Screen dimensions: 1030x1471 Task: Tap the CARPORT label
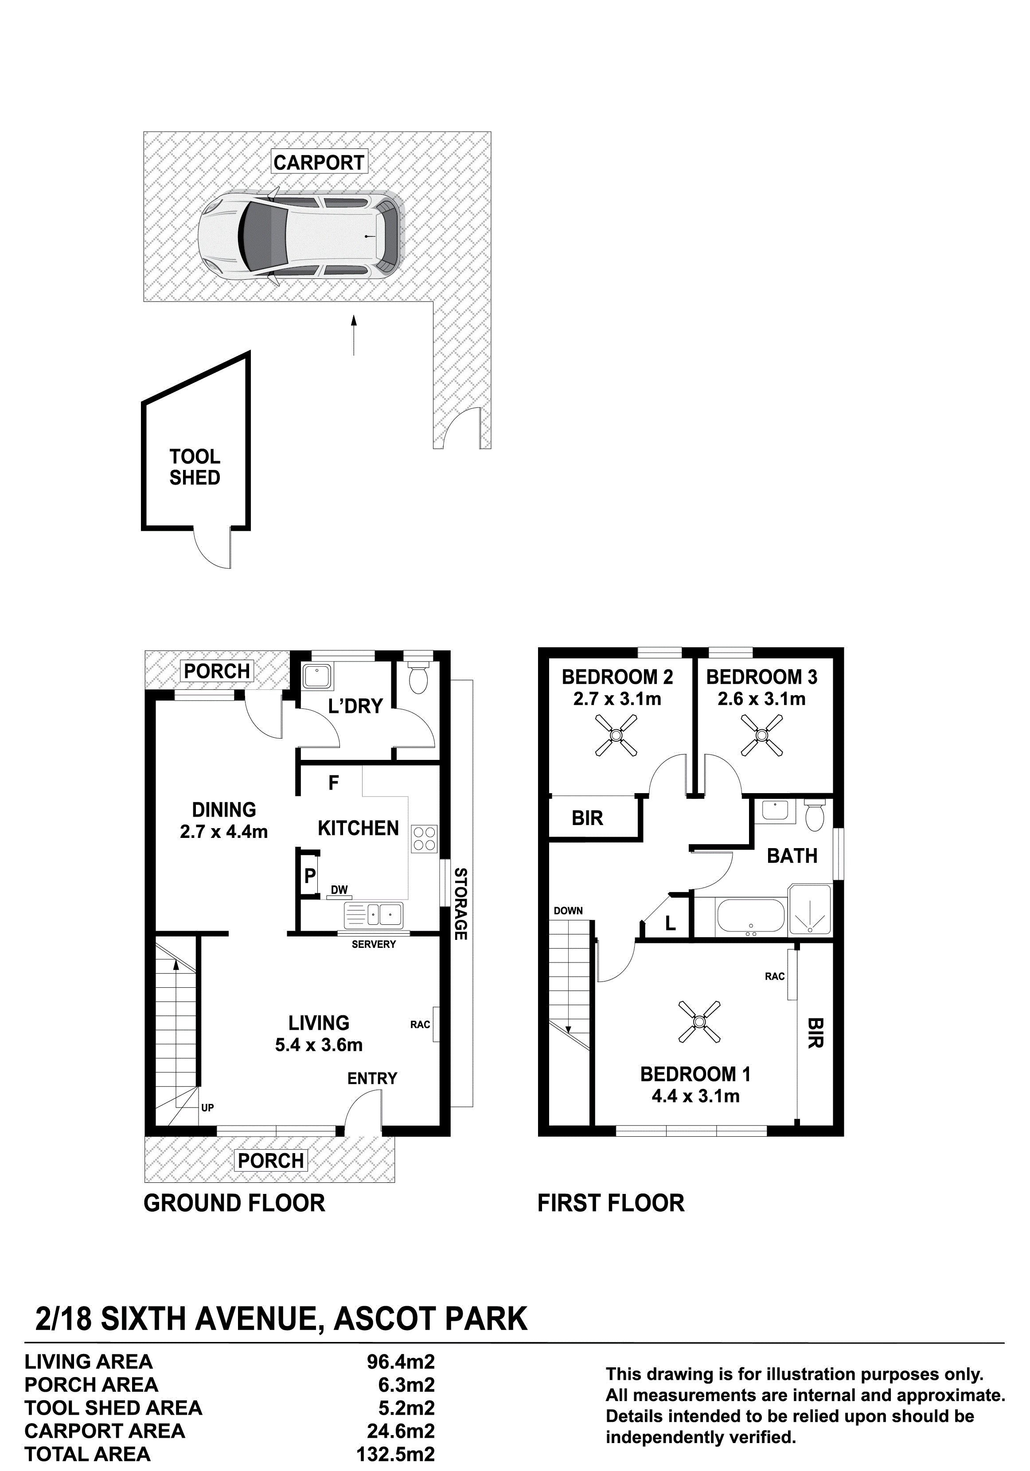[318, 162]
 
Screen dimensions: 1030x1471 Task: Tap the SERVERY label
[374, 944]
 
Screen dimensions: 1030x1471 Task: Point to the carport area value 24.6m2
[400, 1431]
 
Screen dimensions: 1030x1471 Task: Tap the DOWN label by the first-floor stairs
[568, 911]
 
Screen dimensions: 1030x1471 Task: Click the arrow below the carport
[353, 334]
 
